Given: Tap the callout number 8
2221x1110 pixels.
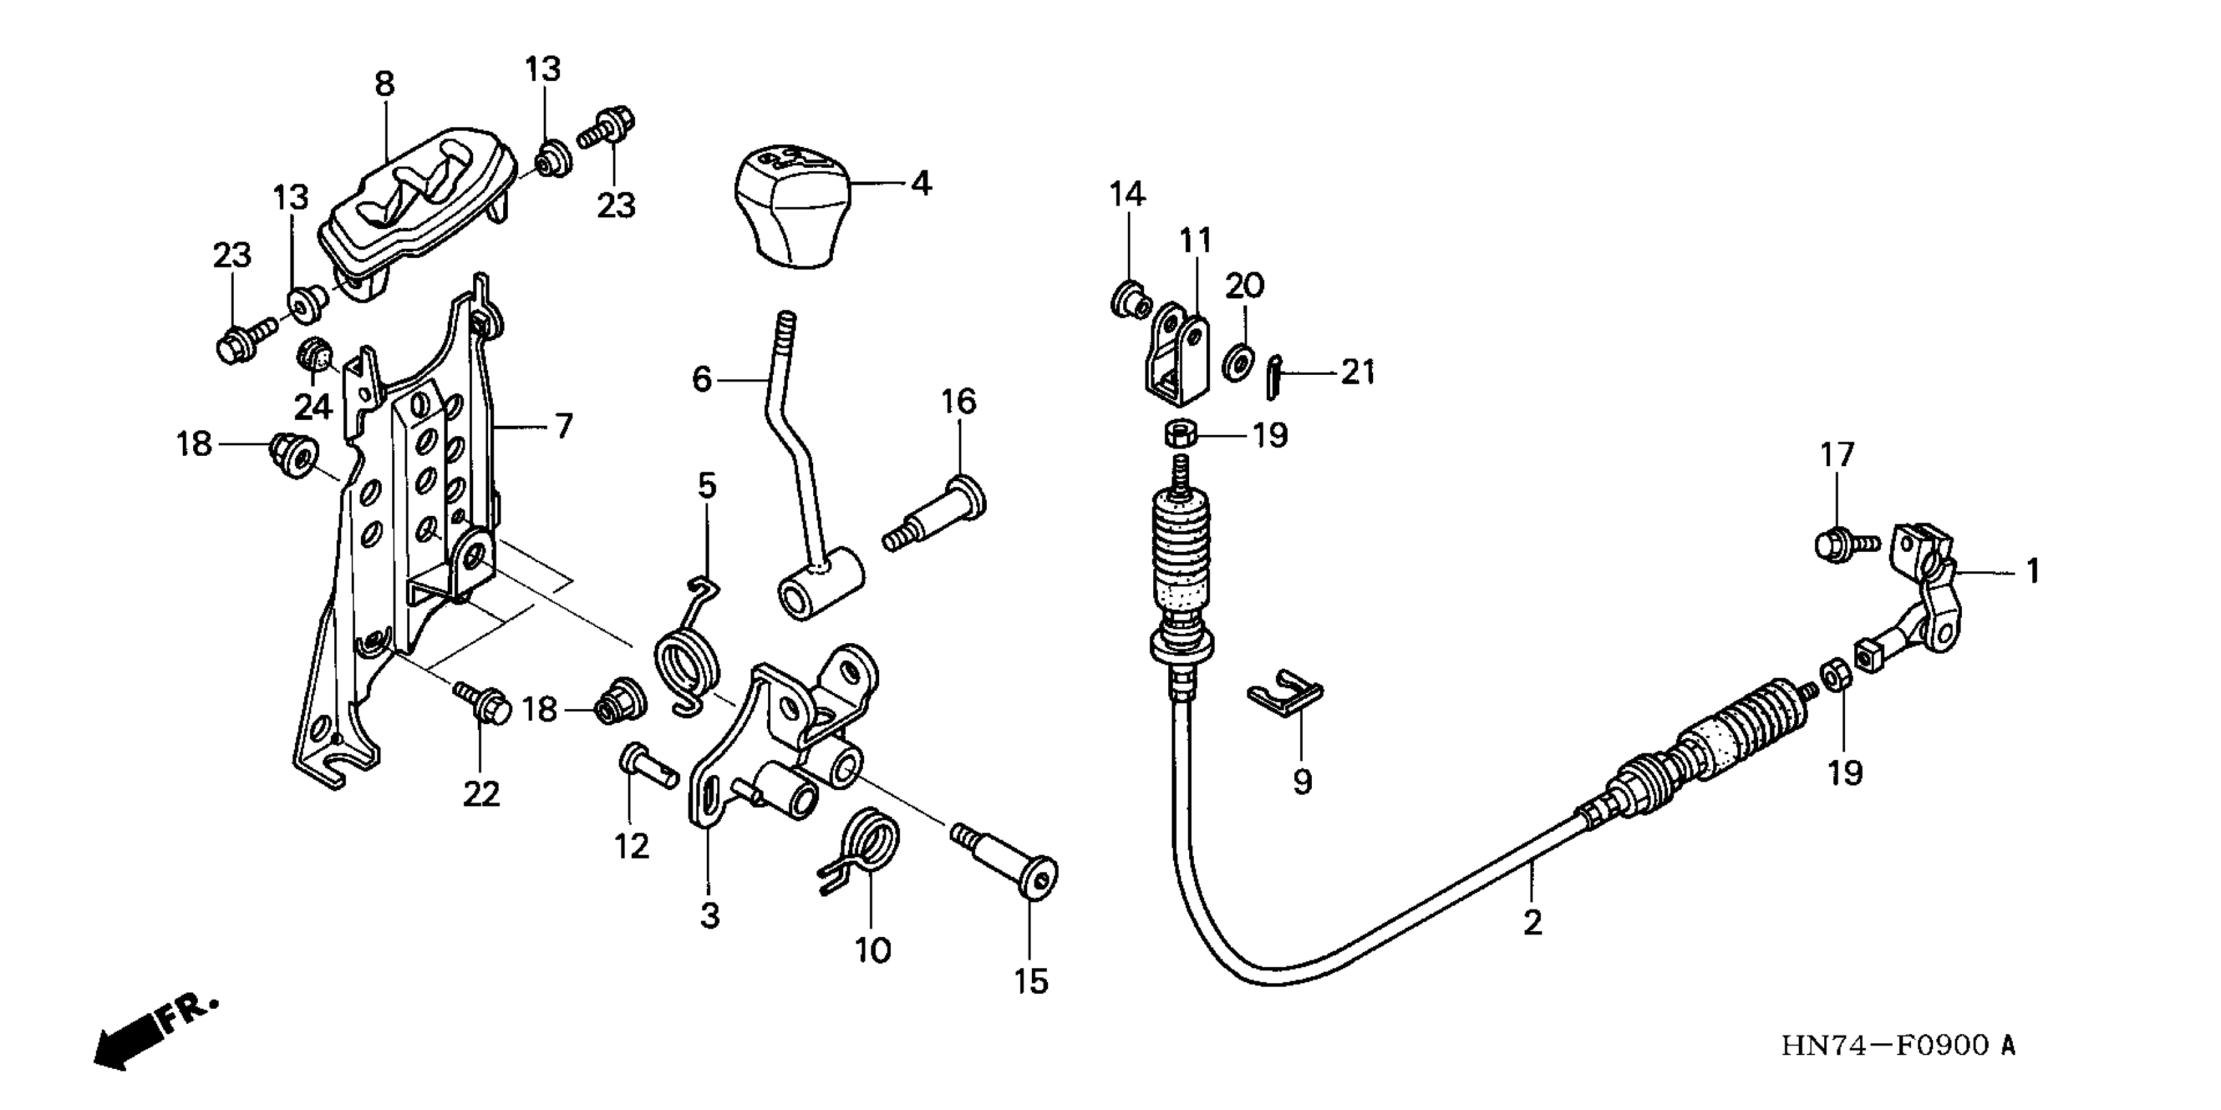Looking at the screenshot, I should (x=384, y=84).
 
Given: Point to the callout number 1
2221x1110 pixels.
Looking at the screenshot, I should (x=2032, y=571).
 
